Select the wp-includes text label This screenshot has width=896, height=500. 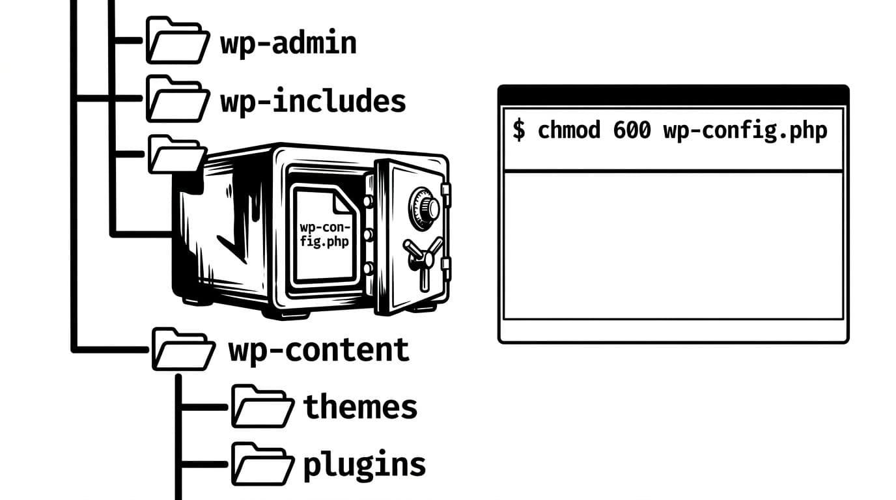[x=313, y=102]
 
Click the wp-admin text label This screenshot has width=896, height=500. [x=288, y=43]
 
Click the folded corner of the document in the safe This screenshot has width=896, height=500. [x=343, y=202]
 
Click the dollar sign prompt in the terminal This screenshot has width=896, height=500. [x=518, y=130]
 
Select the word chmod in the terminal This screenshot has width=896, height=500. [x=568, y=130]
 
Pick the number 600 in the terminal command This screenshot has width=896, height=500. [x=632, y=130]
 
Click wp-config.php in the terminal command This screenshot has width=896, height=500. [x=745, y=131]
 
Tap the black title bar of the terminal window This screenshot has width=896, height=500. [x=673, y=96]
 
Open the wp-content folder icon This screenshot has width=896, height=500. [x=183, y=350]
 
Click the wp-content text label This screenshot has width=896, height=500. [x=318, y=350]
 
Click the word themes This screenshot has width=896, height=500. [x=360, y=407]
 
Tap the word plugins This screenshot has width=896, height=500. [x=364, y=465]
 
